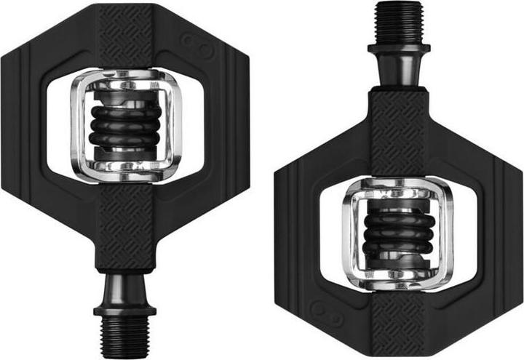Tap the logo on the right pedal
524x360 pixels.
pyautogui.click(x=322, y=308)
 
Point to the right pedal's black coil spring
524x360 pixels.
pyautogui.click(x=398, y=233)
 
